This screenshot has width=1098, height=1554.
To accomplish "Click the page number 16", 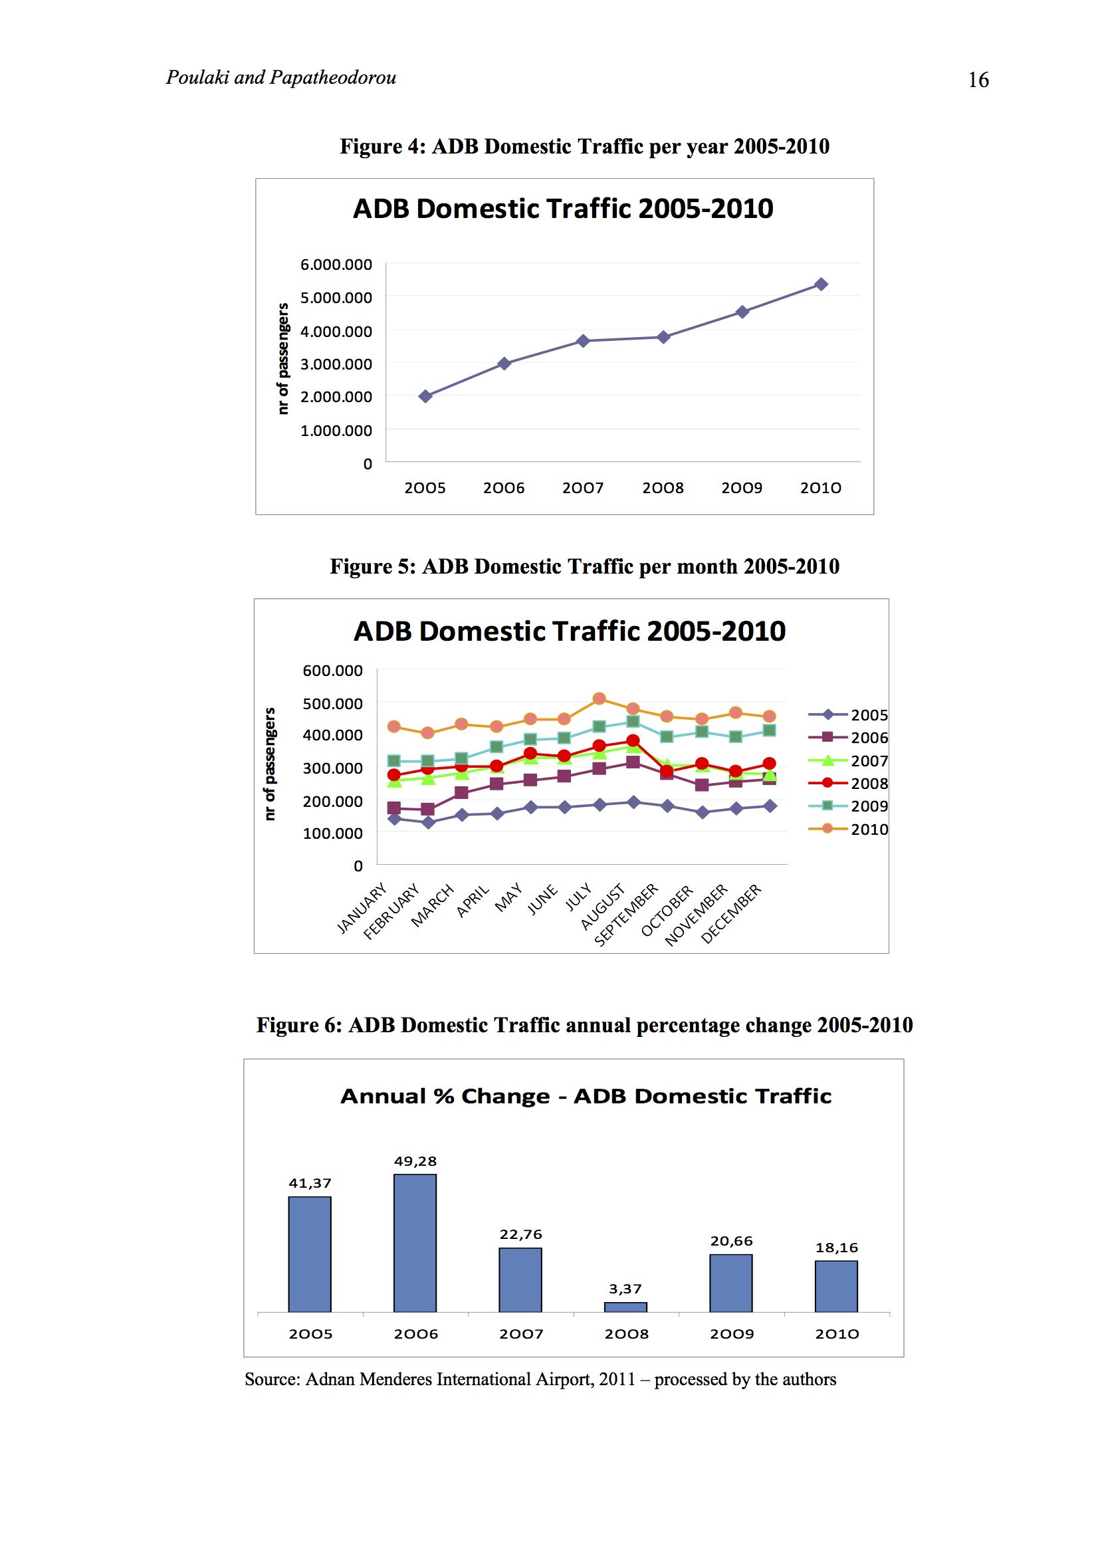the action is click(x=978, y=80).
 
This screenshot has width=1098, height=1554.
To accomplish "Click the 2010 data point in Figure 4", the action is click(x=821, y=284).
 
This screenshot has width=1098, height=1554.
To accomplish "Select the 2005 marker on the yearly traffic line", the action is click(x=425, y=396).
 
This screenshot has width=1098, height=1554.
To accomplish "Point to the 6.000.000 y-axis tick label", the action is click(x=336, y=264).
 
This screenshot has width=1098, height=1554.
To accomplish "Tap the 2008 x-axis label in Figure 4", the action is click(x=663, y=487).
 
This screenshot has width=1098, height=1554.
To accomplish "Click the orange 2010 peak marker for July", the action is click(x=598, y=698).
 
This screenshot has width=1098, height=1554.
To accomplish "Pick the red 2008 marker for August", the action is click(x=633, y=740).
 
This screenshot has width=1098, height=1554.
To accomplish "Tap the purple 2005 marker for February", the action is click(x=428, y=822).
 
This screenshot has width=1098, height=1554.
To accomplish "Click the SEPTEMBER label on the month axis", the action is click(x=626, y=915).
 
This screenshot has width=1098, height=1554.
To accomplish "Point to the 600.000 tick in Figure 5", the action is click(x=332, y=670).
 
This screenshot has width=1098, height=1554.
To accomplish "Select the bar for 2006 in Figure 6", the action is click(x=415, y=1243).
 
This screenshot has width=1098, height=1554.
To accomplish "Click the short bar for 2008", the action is click(x=625, y=1307).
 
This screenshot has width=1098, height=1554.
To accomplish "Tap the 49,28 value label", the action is click(x=415, y=1161).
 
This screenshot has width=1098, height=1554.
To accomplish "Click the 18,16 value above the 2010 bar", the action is click(x=837, y=1248).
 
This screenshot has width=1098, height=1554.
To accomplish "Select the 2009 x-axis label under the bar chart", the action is click(x=731, y=1334).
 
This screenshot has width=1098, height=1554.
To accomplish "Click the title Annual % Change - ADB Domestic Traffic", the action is click(x=586, y=1096).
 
